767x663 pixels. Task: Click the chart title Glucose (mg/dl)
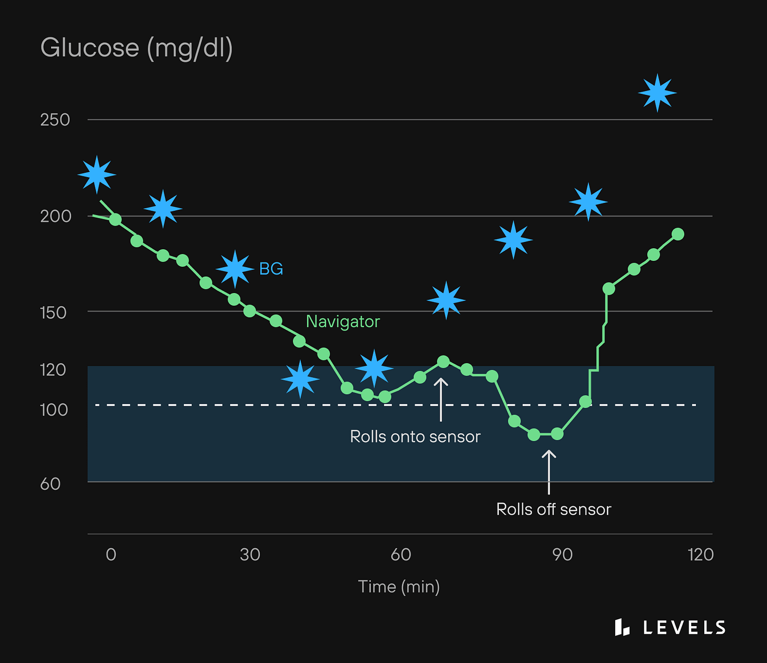tap(136, 48)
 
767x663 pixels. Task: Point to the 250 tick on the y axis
tap(55, 120)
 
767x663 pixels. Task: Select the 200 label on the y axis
tap(55, 216)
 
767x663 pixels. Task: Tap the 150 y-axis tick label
tap(54, 313)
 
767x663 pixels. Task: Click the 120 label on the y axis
tap(53, 369)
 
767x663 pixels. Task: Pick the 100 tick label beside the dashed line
tap(54, 409)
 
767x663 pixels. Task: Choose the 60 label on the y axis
tap(51, 483)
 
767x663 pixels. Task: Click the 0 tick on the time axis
tap(111, 554)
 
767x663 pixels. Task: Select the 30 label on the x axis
tap(250, 554)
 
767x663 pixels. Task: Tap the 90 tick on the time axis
tap(563, 554)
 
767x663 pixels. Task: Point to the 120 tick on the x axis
tap(701, 554)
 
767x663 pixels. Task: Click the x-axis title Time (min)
tap(399, 587)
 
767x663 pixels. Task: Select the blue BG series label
tap(271, 269)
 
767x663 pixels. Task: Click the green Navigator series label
tap(343, 321)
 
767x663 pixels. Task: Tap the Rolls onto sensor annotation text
tap(415, 436)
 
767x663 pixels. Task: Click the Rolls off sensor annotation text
tap(554, 509)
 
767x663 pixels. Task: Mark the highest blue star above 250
tap(657, 93)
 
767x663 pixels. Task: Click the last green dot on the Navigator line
tap(678, 234)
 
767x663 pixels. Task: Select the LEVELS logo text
tap(684, 627)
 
